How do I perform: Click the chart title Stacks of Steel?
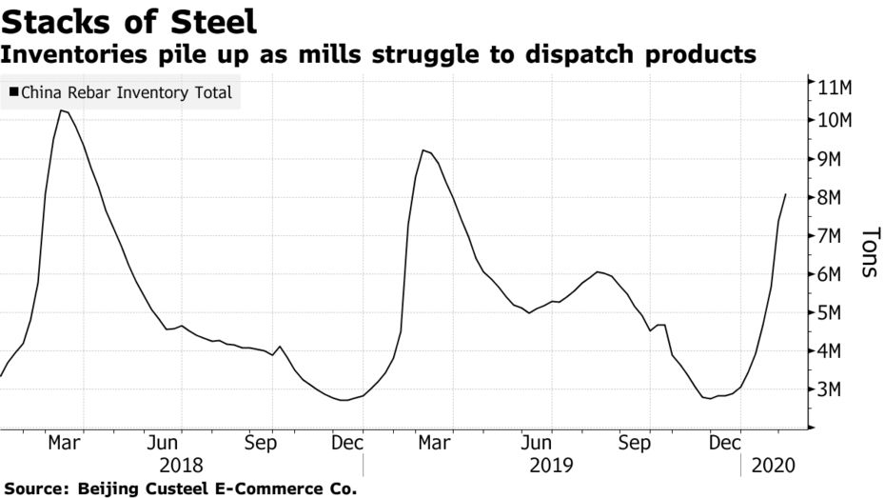[128, 20]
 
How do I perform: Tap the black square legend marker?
[13, 93]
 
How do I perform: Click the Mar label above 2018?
[64, 443]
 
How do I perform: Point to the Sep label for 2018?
[260, 443]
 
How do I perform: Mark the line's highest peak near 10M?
[61, 110]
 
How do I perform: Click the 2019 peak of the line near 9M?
[423, 150]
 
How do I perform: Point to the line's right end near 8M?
[785, 194]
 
